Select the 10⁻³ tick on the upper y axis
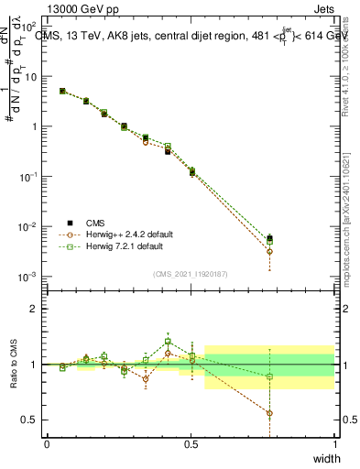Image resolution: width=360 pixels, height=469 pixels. click(31, 276)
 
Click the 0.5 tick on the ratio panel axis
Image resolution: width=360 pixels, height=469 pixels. click(33, 420)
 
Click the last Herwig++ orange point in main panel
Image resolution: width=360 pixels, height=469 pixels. click(269, 251)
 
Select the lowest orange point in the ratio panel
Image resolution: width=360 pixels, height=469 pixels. click(269, 413)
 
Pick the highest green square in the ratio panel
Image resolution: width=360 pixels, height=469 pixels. click(168, 342)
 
